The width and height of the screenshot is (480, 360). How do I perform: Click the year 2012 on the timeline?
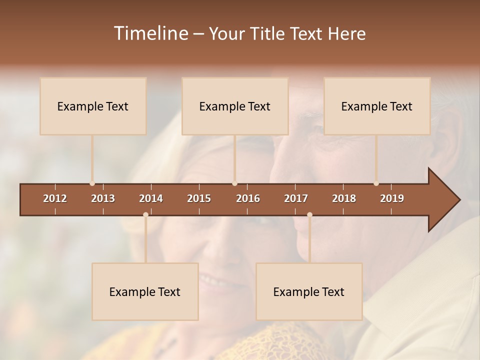pyautogui.click(x=55, y=198)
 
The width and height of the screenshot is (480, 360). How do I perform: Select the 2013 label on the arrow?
pyautogui.click(x=103, y=198)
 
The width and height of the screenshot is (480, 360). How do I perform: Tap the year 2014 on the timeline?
pyautogui.click(x=151, y=198)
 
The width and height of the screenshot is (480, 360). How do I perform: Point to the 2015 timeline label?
pyautogui.click(x=199, y=198)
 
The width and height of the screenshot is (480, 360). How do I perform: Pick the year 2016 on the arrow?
pyautogui.click(x=248, y=198)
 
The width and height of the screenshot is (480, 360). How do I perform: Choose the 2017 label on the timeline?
pyautogui.click(x=296, y=198)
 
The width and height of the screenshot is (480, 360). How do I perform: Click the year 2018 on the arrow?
pyautogui.click(x=344, y=198)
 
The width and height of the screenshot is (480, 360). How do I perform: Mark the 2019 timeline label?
pyautogui.click(x=392, y=198)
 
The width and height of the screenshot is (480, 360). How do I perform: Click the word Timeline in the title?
pyautogui.click(x=150, y=33)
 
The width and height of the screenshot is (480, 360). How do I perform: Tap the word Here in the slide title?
pyautogui.click(x=346, y=33)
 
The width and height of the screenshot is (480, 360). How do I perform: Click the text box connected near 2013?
pyautogui.click(x=93, y=106)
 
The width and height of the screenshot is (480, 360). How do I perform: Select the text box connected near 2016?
pyautogui.click(x=235, y=106)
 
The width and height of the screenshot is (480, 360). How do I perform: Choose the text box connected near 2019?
pyautogui.click(x=377, y=106)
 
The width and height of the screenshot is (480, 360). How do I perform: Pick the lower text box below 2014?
pyautogui.click(x=145, y=291)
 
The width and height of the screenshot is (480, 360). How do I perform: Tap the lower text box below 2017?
pyautogui.click(x=309, y=291)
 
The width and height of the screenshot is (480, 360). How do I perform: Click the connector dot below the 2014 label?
pyautogui.click(x=145, y=215)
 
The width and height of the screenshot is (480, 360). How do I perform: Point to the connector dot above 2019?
pyautogui.click(x=376, y=183)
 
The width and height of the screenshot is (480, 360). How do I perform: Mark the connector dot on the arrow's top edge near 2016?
pyautogui.click(x=235, y=183)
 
